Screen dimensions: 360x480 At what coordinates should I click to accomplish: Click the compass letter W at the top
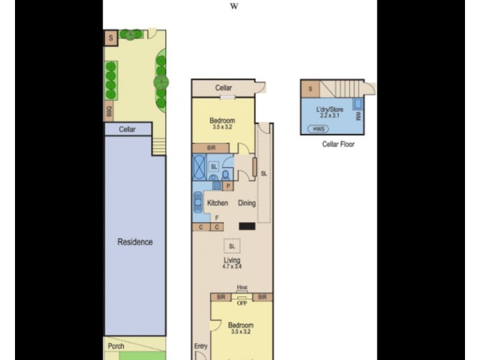pyautogui.click(x=234, y=7)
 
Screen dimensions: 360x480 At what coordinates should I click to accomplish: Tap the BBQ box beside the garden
pyautogui.click(x=109, y=112)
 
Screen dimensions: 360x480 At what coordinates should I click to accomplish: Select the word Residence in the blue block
pyautogui.click(x=135, y=242)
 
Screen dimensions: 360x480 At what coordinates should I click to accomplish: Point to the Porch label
pyautogui.click(x=116, y=346)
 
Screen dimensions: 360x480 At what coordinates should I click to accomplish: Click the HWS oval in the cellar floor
pyautogui.click(x=317, y=129)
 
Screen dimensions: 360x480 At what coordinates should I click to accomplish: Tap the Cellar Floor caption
pyautogui.click(x=338, y=144)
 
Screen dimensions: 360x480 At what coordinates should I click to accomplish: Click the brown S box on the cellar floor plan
pyautogui.click(x=310, y=89)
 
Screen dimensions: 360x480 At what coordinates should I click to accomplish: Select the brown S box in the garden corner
pyautogui.click(x=110, y=37)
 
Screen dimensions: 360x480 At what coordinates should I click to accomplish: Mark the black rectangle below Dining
pyautogui.click(x=247, y=226)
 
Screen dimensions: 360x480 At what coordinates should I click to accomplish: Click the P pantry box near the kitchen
pyautogui.click(x=229, y=186)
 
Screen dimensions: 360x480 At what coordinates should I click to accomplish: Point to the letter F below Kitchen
pyautogui.click(x=217, y=217)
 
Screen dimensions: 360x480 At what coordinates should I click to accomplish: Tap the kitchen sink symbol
pyautogui.click(x=198, y=203)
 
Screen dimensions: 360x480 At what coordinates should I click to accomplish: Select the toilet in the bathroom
pyautogui.click(x=226, y=175)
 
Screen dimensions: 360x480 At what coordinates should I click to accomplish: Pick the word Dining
pyautogui.click(x=247, y=203)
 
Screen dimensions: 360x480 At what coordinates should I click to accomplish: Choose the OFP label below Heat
pyautogui.click(x=242, y=303)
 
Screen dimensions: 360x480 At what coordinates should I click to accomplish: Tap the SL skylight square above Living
pyautogui.click(x=232, y=245)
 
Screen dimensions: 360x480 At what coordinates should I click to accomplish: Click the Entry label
pyautogui.click(x=200, y=346)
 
